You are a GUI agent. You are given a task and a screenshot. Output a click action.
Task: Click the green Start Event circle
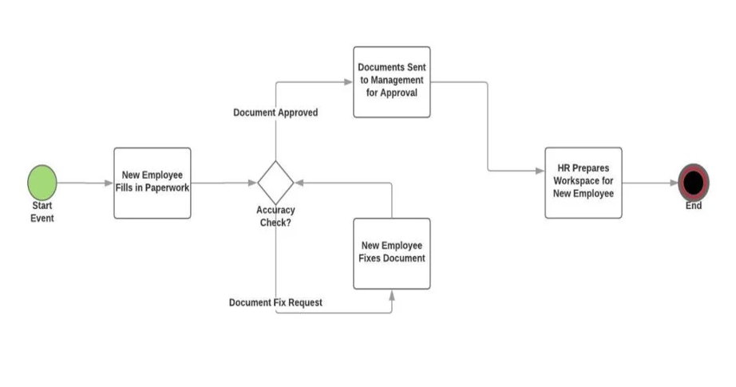click(x=42, y=182)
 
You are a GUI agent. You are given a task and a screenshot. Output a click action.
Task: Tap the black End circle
click(x=693, y=183)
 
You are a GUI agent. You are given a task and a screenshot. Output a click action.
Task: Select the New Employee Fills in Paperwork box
click(x=152, y=183)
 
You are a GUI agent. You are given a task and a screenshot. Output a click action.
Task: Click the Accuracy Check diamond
click(x=275, y=182)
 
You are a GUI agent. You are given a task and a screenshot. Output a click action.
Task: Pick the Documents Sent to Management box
click(x=392, y=81)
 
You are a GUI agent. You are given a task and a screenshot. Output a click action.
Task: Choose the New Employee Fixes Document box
click(x=392, y=253)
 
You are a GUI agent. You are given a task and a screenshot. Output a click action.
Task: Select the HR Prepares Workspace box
click(x=584, y=183)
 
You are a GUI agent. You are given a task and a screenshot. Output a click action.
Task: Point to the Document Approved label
click(x=275, y=113)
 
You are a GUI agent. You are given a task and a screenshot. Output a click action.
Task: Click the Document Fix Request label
click(x=275, y=302)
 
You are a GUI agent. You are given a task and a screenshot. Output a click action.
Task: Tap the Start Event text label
click(x=42, y=212)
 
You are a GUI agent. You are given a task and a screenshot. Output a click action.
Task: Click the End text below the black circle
click(x=693, y=206)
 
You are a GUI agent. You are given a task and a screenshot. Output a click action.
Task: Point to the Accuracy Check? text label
click(x=276, y=216)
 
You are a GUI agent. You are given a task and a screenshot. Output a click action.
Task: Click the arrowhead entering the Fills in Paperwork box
click(x=109, y=183)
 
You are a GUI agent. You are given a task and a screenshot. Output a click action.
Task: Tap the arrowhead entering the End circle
click(x=674, y=183)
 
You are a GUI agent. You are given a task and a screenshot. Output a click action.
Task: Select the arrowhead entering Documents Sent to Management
click(x=350, y=81)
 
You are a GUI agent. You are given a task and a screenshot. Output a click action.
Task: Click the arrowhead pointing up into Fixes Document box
click(x=392, y=294)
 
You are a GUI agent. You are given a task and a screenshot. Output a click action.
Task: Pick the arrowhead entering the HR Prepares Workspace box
click(x=540, y=170)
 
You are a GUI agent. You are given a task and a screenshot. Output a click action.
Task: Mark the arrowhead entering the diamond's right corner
click(x=299, y=183)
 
